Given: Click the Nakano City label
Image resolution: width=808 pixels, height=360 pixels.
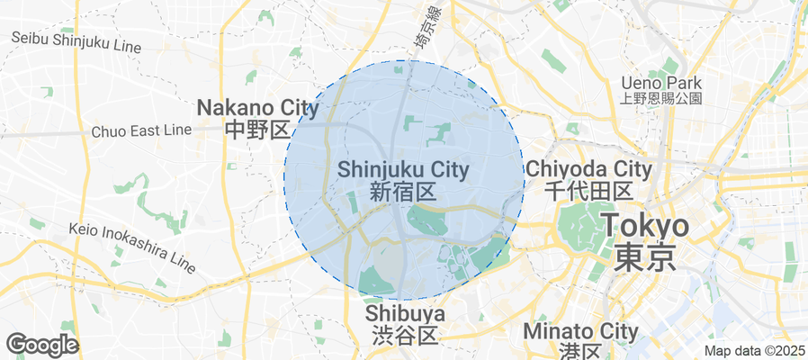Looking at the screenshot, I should coord(257,109).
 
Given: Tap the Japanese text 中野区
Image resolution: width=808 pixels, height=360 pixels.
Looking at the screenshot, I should coord(257,130).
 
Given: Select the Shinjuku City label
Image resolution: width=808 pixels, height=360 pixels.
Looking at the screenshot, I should coord(403,169).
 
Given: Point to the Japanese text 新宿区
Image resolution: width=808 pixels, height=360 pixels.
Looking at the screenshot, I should coord(403,191).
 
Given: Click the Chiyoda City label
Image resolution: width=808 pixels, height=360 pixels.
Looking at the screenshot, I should coord(588,168).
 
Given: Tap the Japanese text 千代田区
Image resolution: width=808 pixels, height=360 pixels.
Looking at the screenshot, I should coord(588,190).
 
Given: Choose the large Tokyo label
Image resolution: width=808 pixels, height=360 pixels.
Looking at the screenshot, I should coord(645,225).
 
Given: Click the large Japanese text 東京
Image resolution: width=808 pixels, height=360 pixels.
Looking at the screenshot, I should coord(645,257).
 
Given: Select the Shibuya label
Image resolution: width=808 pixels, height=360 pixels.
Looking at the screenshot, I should coord(405,313).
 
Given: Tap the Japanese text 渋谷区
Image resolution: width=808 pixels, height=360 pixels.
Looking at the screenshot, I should coord(405,336).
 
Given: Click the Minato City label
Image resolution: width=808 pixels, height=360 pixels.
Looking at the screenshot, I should coord(580,331).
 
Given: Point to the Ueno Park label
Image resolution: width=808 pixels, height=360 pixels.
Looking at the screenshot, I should coord(660,83).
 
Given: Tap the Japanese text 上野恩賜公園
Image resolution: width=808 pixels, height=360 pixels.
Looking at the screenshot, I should coord(661,98).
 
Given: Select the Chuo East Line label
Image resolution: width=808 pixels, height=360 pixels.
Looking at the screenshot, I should coord(141,130).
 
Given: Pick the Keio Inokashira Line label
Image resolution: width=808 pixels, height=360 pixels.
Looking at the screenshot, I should coord(132,247).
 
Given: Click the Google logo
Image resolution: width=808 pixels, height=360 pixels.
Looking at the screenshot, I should coord(41,345).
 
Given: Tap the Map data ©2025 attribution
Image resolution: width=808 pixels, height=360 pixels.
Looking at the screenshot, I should coord(754,351).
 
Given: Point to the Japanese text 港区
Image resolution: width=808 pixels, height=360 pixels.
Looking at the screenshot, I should coord(580,352).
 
